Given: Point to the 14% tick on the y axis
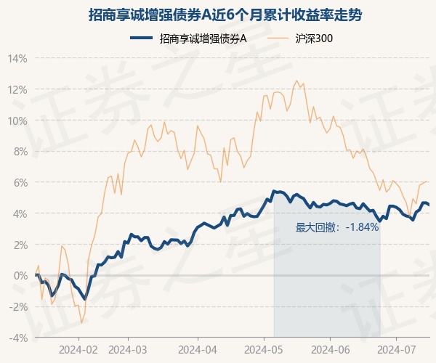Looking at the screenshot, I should [x=18, y=58].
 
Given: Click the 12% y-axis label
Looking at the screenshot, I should [x=18, y=89].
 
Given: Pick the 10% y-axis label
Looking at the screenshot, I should [x=18, y=121].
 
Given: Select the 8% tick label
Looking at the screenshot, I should [x=20, y=152].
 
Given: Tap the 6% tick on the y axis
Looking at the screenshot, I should [x=20, y=182].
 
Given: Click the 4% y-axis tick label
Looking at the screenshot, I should [x=20, y=213].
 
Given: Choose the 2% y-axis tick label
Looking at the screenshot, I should [x=20, y=245].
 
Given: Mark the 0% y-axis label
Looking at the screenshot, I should [x=20, y=275].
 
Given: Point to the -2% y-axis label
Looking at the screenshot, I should [x=19, y=306].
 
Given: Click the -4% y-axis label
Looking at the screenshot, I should [x=19, y=338].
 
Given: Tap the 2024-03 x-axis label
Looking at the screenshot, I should [x=127, y=349].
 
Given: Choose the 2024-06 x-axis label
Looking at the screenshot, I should [x=331, y=349].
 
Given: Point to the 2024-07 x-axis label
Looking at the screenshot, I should [x=397, y=349].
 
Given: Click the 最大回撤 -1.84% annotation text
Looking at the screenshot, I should [x=337, y=227].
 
